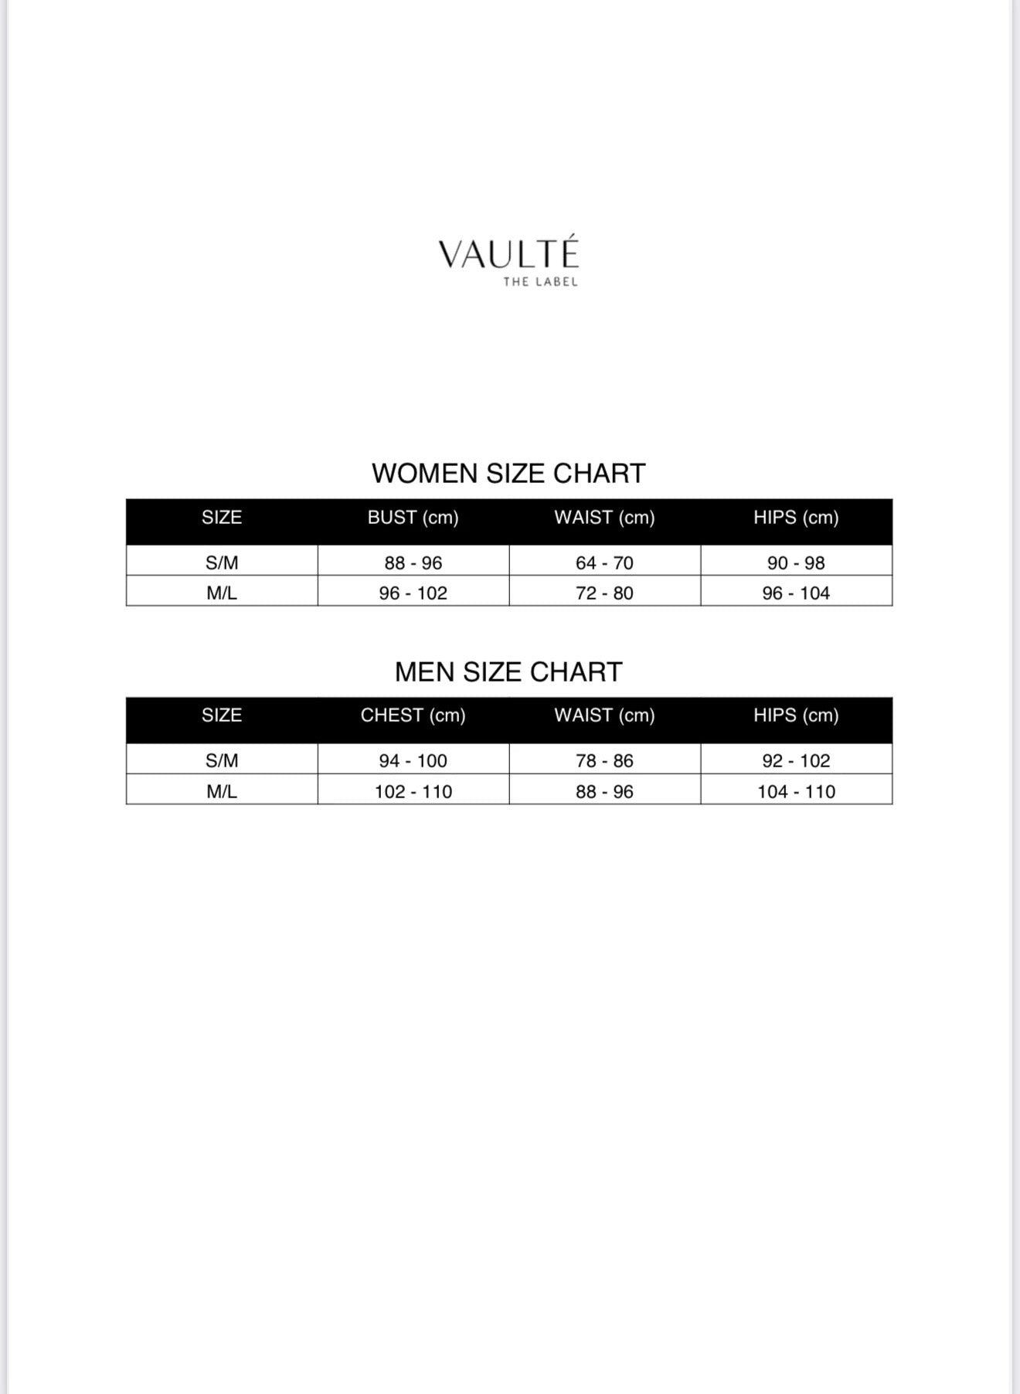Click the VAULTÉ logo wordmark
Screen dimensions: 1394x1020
[x=508, y=253]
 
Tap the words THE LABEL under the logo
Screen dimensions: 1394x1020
[x=540, y=282]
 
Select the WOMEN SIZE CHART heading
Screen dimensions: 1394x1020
[x=508, y=473]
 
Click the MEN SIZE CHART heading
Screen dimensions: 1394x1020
[x=508, y=671]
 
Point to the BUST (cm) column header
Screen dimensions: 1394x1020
[x=413, y=518]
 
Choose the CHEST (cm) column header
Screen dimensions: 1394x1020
[x=413, y=716]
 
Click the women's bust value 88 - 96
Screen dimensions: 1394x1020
[x=413, y=563]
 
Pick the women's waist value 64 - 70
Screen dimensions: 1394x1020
[x=604, y=563]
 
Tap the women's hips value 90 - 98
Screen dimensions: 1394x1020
[x=796, y=563]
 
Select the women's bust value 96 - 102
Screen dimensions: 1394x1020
[x=413, y=593]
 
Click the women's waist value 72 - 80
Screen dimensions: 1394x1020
[x=604, y=593]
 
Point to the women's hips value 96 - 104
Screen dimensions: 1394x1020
[x=796, y=593]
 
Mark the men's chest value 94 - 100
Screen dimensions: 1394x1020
[x=413, y=760]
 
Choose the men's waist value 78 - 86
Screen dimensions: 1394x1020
[x=604, y=760]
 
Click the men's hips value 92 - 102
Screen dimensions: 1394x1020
[x=796, y=760]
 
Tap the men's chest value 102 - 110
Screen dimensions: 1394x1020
[x=413, y=791]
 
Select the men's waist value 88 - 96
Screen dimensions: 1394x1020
[x=604, y=791]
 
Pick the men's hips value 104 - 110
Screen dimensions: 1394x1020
[x=796, y=791]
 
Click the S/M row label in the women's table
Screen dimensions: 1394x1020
[x=222, y=563]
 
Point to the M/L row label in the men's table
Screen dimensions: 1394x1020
[x=222, y=791]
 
